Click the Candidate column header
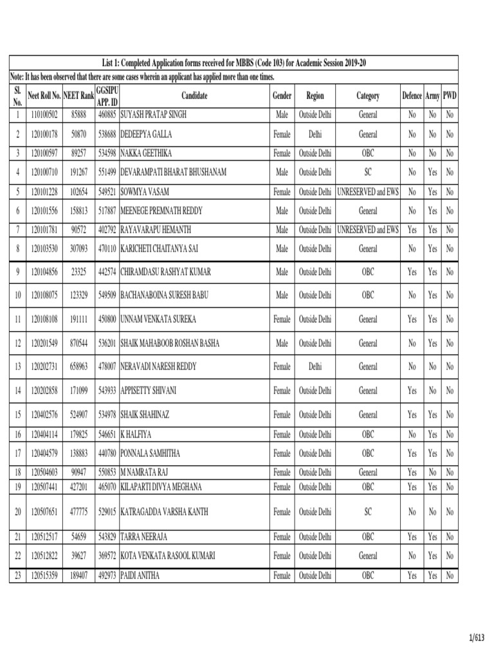[x=194, y=96]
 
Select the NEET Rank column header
[x=79, y=96]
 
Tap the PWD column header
[x=450, y=96]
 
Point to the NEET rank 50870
[x=79, y=135]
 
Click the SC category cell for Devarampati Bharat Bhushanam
[x=368, y=172]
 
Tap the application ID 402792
[x=107, y=229]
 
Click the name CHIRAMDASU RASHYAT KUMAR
[x=165, y=272]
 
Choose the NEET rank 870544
[x=79, y=343]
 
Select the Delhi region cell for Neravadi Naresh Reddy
[x=315, y=366]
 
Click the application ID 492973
[x=107, y=576]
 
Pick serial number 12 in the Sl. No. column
[x=17, y=343]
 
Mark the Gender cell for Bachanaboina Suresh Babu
[x=282, y=296]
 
